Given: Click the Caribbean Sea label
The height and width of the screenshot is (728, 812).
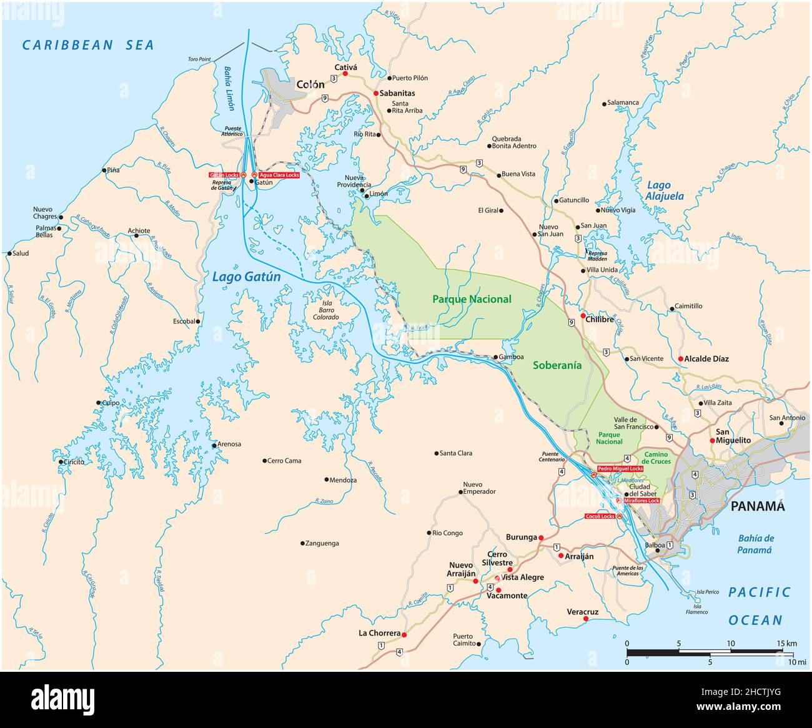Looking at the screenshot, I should (87, 45).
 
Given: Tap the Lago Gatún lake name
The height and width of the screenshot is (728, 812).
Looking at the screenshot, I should (246, 277).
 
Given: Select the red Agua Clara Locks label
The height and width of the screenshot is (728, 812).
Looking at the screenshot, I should (279, 175).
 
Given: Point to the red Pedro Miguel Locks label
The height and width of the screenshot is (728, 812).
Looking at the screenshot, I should (620, 468).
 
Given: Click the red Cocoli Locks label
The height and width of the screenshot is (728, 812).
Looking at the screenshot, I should (600, 516).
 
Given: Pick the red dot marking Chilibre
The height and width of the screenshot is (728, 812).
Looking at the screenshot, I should (582, 317).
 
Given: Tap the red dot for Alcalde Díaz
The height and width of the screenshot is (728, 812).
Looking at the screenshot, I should (680, 359).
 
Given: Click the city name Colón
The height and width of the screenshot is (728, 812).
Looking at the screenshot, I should (310, 84).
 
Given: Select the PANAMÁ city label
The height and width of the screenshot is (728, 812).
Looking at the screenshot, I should (758, 506).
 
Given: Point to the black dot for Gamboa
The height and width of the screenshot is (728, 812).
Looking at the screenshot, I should (495, 357).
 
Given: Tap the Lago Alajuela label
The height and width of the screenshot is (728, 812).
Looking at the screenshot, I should (665, 190).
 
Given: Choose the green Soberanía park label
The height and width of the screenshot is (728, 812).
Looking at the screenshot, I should (557, 366).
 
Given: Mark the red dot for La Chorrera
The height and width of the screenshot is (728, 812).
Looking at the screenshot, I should (404, 634).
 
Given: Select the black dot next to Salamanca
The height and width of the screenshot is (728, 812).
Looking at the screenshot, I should (604, 103).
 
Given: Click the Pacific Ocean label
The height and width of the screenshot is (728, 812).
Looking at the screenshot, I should (759, 606).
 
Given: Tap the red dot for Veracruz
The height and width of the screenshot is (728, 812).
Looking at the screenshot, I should (585, 619).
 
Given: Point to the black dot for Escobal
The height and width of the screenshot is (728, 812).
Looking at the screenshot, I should (198, 322).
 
